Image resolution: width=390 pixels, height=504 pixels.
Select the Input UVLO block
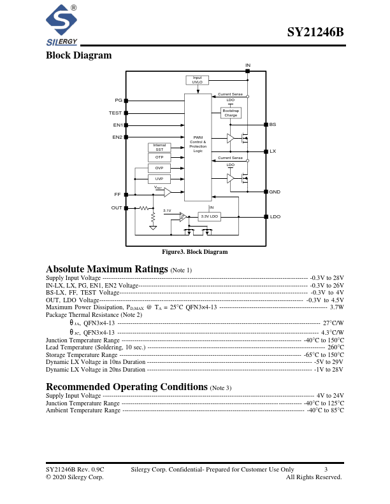tap(198, 80)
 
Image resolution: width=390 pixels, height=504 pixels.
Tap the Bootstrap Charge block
tap(231, 113)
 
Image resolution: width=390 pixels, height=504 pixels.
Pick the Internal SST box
tap(159, 147)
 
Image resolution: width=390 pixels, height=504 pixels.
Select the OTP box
tap(159, 157)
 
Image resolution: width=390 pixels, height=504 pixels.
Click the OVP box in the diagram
tap(159, 168)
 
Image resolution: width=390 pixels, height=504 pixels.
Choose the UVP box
tap(159, 179)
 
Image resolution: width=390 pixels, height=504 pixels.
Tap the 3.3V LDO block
tap(210, 217)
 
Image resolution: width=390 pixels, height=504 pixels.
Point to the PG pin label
tap(118, 101)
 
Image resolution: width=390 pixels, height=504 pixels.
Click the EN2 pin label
tap(117, 137)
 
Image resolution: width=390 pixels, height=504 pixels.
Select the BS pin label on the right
tap(273, 125)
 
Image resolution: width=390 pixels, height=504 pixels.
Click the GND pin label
tap(275, 192)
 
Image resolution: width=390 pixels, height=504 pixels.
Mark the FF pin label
tap(117, 194)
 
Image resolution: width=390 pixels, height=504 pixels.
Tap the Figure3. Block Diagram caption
tap(194, 252)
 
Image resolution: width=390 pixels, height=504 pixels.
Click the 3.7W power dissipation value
tap(336, 307)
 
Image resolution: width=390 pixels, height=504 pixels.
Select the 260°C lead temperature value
tap(336, 347)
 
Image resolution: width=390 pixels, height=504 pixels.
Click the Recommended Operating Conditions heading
tap(127, 387)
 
